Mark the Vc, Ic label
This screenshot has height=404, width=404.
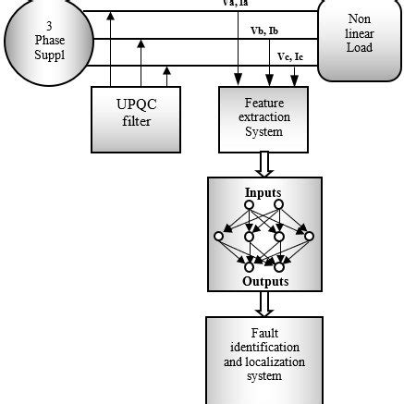click(x=292, y=57)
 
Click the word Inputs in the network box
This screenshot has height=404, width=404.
click(x=263, y=192)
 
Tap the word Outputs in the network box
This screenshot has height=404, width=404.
click(x=265, y=281)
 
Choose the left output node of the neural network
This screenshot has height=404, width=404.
click(x=248, y=267)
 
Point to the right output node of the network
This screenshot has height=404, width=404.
click(x=280, y=267)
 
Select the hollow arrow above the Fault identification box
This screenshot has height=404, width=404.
click(x=265, y=304)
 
